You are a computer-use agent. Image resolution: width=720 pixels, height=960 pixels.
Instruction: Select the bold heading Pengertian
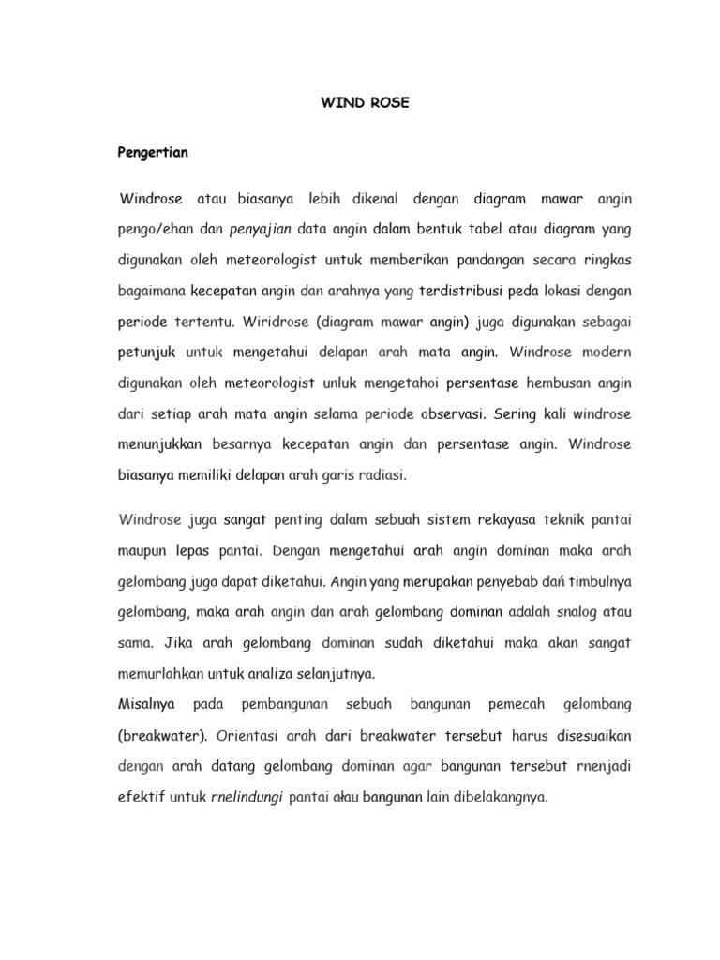pos(153,152)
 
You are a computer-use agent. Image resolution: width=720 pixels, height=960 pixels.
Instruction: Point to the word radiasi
pos(379,475)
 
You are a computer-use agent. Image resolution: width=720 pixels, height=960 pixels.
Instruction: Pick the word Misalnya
pos(146,703)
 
